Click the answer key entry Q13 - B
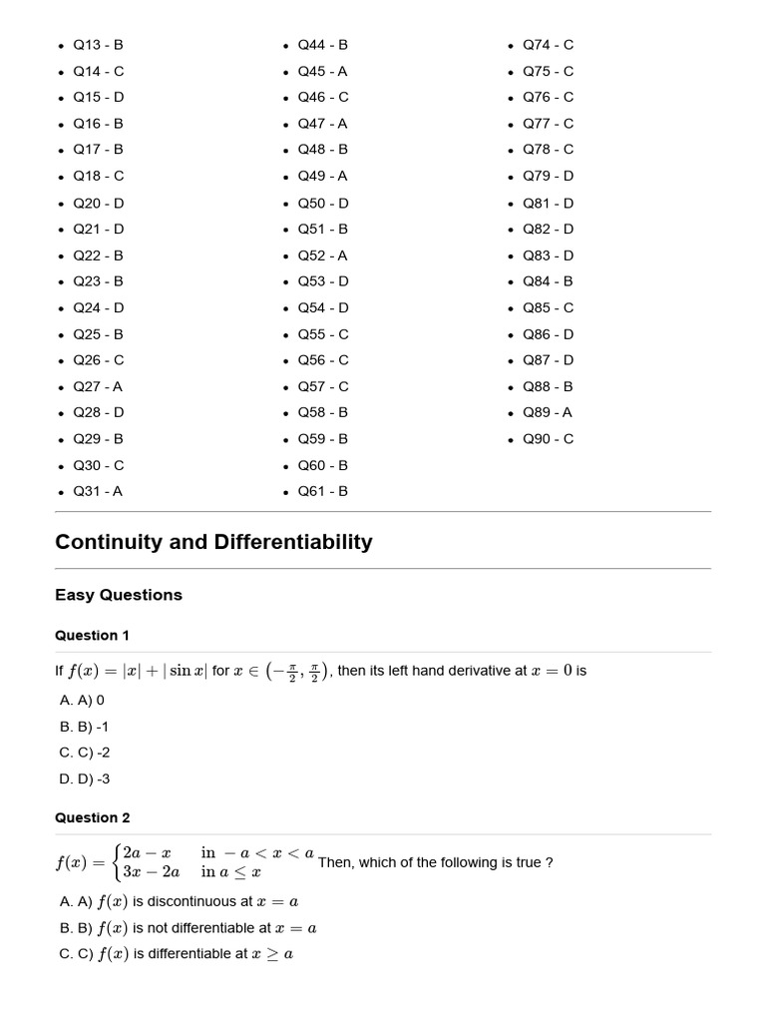(98, 45)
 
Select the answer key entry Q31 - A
(98, 491)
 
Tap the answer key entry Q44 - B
(322, 45)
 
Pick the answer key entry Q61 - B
(322, 491)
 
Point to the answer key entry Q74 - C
(548, 45)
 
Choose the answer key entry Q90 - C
(548, 439)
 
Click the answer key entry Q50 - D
(322, 203)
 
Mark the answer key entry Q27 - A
(98, 386)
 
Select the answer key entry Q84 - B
(548, 281)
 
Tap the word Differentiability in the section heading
(290, 542)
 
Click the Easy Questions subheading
(119, 595)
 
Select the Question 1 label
(92, 636)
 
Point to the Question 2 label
(92, 818)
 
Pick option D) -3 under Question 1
(85, 779)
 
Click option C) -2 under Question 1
(85, 754)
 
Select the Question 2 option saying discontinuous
(180, 901)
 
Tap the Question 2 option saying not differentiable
(189, 927)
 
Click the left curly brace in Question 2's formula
(118, 862)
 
